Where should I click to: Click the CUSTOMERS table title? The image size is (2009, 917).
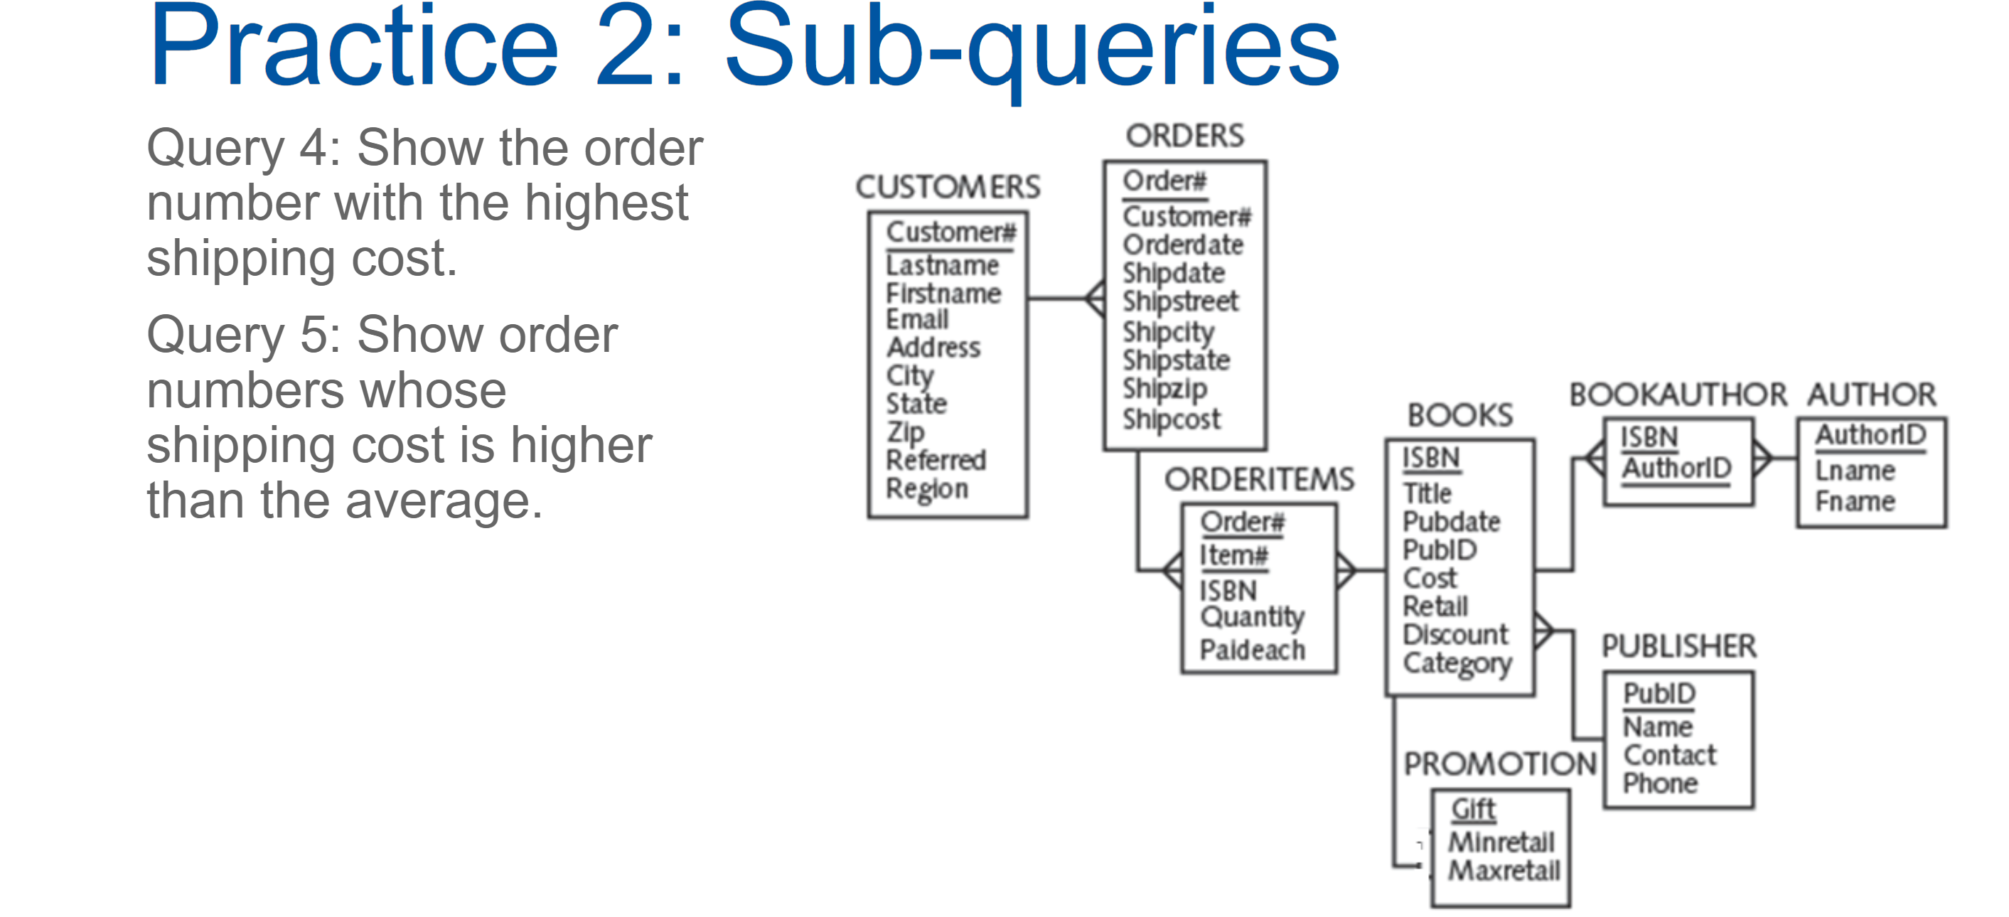948,187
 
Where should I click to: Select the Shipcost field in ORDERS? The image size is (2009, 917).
1172,419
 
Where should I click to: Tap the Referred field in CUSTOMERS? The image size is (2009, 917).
936,460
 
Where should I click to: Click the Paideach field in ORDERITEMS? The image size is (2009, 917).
1253,650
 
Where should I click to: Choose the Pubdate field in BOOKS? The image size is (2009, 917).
1452,522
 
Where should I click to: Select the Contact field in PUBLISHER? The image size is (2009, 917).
1670,755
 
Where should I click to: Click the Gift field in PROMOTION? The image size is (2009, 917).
1473,810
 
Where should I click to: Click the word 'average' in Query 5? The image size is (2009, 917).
441,501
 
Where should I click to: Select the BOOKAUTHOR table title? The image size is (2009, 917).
1678,395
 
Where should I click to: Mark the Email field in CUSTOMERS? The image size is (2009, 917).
917,319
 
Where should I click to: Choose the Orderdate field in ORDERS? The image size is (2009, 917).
1183,245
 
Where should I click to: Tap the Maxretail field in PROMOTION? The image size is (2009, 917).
1504,870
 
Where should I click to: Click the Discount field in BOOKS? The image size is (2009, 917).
1455,634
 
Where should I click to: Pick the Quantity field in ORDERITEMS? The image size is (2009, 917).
1253,617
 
